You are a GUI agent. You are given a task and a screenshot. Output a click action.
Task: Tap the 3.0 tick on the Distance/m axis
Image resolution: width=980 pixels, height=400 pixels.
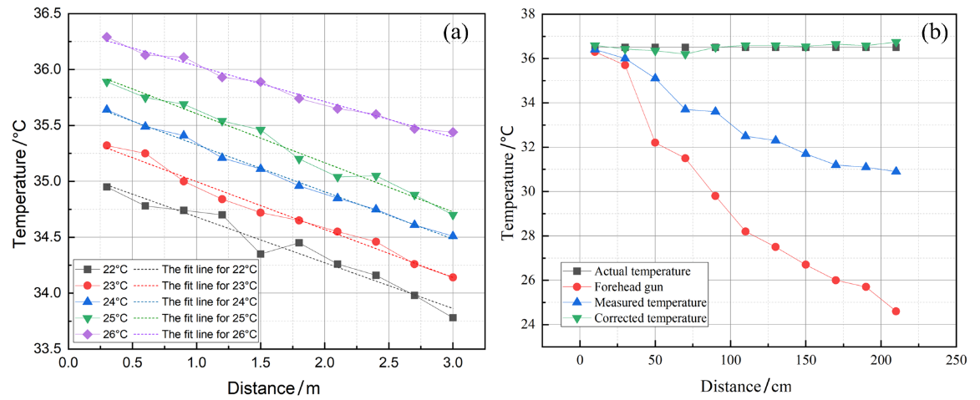(x=453, y=362)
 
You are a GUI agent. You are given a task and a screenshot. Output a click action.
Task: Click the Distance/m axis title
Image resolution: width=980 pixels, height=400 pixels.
(x=273, y=387)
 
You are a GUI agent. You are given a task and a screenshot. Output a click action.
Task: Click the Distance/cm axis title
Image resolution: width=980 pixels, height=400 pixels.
(x=746, y=386)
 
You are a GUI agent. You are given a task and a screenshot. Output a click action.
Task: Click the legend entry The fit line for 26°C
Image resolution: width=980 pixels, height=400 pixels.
(x=209, y=333)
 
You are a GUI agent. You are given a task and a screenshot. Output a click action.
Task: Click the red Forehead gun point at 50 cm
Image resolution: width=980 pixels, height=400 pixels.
(x=655, y=143)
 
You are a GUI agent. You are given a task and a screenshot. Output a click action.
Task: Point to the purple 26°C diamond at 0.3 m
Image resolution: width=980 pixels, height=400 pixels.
(x=106, y=37)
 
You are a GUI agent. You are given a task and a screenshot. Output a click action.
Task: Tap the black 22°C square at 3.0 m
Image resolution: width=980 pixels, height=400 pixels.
(x=453, y=317)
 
